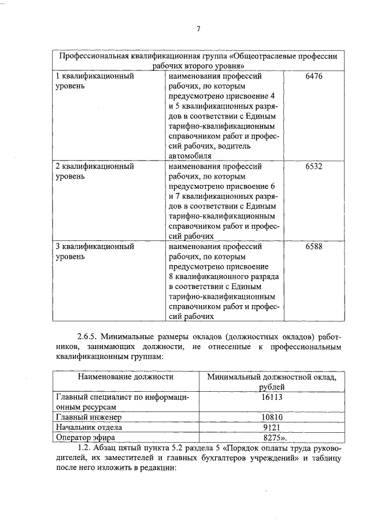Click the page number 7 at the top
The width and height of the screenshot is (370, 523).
click(198, 29)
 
